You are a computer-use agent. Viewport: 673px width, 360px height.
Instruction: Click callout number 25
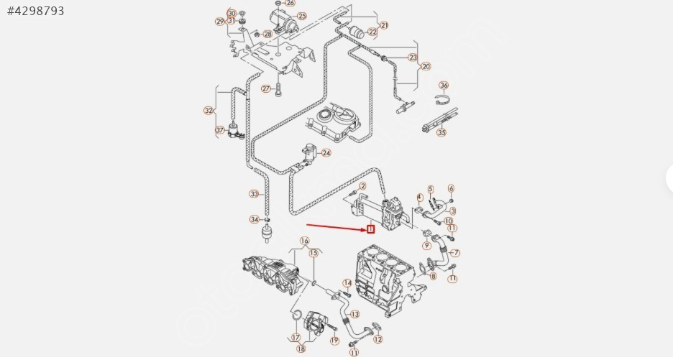coord(301,16)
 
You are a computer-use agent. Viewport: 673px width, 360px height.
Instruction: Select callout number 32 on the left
coord(209,111)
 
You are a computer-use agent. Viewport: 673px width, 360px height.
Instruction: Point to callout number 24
coord(326,153)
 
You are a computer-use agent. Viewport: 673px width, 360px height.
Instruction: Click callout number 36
coord(444,86)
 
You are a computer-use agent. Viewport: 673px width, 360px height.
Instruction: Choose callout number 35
coord(441,132)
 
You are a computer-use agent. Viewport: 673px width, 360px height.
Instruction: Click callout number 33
coord(254,194)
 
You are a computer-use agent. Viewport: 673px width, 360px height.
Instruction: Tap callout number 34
coord(254,219)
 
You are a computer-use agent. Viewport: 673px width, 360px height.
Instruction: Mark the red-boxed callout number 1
coord(371,230)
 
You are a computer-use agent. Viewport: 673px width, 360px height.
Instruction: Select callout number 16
coord(304,241)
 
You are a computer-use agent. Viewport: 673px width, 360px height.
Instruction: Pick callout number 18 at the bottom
coord(301,349)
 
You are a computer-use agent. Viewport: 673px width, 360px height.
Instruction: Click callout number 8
coord(432,276)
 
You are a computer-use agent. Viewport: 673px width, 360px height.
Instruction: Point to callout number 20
coord(426,66)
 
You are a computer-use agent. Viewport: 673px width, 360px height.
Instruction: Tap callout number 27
coord(265,89)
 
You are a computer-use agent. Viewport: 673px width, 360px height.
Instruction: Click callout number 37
coord(220,130)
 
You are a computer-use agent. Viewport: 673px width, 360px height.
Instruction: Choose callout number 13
coord(353,314)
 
